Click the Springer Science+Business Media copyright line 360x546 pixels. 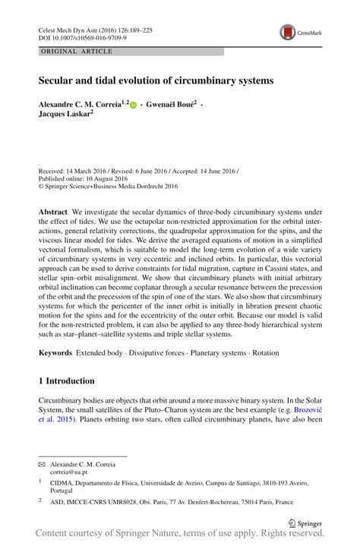(108, 185)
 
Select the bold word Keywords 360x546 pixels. (56, 354)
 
